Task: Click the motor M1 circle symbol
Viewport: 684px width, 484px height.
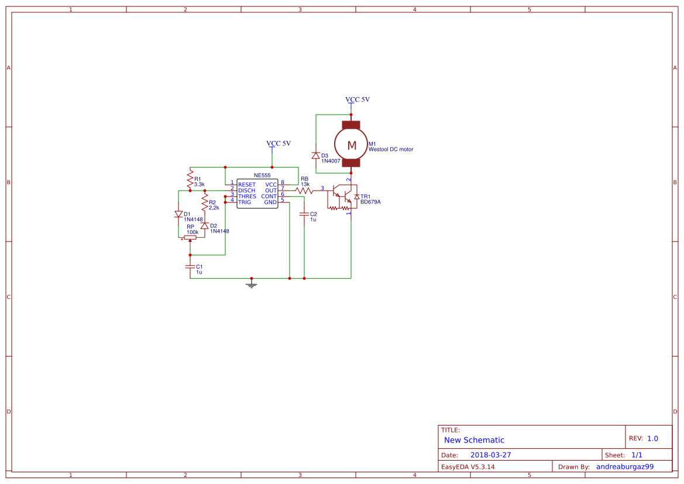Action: [x=352, y=145]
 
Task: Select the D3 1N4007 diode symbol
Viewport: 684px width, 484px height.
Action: [x=316, y=155]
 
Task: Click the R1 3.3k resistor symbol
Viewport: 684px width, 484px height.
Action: [x=190, y=179]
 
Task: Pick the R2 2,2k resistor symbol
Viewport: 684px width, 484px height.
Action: [x=204, y=203]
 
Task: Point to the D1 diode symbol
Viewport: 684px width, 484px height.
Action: [x=178, y=215]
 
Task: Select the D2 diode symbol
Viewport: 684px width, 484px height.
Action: [x=204, y=226]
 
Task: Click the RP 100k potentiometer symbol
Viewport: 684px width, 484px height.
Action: [x=190, y=238]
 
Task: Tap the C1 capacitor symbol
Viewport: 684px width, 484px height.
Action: [x=190, y=267]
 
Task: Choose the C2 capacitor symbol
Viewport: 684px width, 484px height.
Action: [x=304, y=215]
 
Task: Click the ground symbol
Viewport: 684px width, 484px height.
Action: [x=252, y=284]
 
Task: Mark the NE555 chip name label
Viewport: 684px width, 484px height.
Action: [x=262, y=175]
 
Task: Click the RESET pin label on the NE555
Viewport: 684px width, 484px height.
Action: [x=246, y=185]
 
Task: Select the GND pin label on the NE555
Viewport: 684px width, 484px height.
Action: [x=270, y=202]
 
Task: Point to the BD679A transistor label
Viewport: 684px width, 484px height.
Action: [x=371, y=202]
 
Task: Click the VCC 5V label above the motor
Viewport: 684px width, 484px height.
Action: [x=358, y=100]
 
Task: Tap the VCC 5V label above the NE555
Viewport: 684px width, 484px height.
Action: [x=279, y=143]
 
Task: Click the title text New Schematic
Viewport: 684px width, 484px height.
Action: [x=474, y=440]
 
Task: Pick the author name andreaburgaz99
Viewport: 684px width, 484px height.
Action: [x=624, y=466]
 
